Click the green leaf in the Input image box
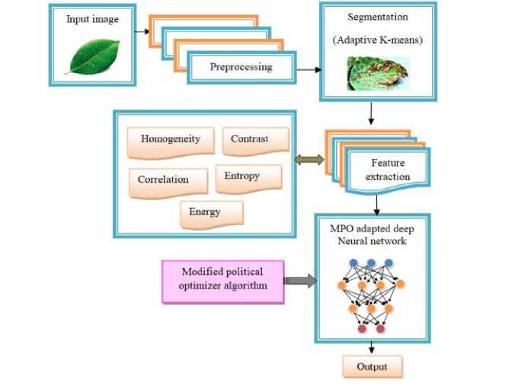point(92,57)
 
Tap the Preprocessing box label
point(241,67)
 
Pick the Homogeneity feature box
point(170,140)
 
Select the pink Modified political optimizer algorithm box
point(222,281)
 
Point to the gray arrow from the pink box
point(299,281)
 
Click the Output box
point(372,366)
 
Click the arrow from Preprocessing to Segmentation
point(307,70)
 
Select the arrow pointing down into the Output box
point(372,347)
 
